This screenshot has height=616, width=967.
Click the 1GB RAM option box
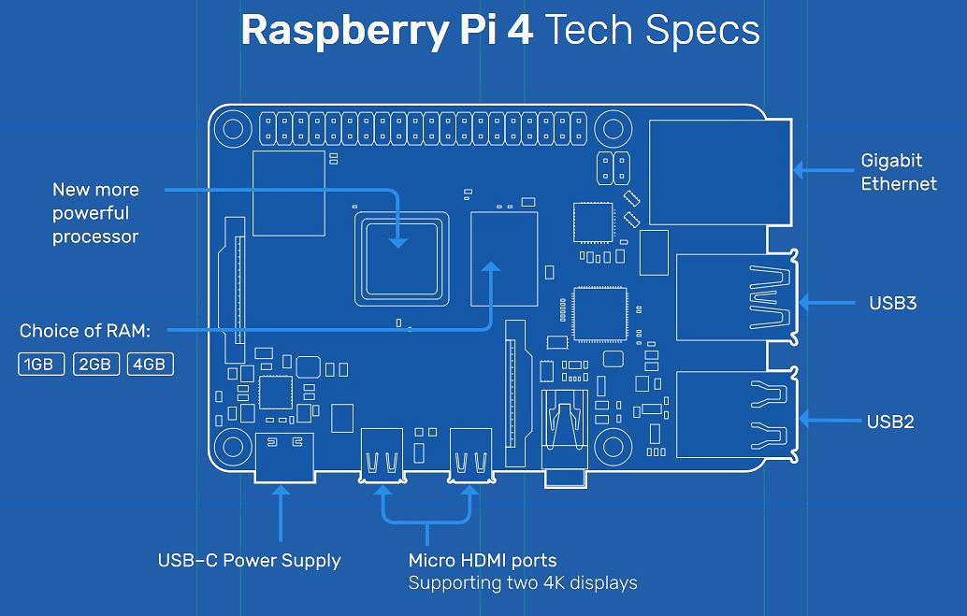tap(41, 365)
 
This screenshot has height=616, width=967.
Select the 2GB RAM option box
tap(95, 365)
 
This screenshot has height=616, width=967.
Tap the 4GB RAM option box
tap(150, 365)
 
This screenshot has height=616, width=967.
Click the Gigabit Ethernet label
tap(899, 172)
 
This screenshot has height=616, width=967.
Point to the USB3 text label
tap(892, 303)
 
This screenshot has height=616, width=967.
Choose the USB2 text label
tap(890, 422)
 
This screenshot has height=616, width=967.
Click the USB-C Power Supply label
tap(249, 561)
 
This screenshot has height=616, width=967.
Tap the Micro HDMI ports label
tap(483, 561)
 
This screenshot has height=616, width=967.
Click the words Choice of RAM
tap(85, 331)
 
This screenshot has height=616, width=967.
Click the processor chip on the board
tap(401, 259)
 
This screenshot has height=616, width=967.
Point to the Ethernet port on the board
tap(720, 172)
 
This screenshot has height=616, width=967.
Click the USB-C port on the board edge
tap(285, 457)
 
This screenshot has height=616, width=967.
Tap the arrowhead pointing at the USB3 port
tap(804, 303)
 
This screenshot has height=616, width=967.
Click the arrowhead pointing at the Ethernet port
tap(799, 170)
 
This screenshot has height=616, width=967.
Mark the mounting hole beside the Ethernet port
tap(613, 130)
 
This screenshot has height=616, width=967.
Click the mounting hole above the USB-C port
tap(233, 447)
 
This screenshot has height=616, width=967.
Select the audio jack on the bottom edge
tap(565, 437)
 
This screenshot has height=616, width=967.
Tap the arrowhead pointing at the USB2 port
tap(804, 421)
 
